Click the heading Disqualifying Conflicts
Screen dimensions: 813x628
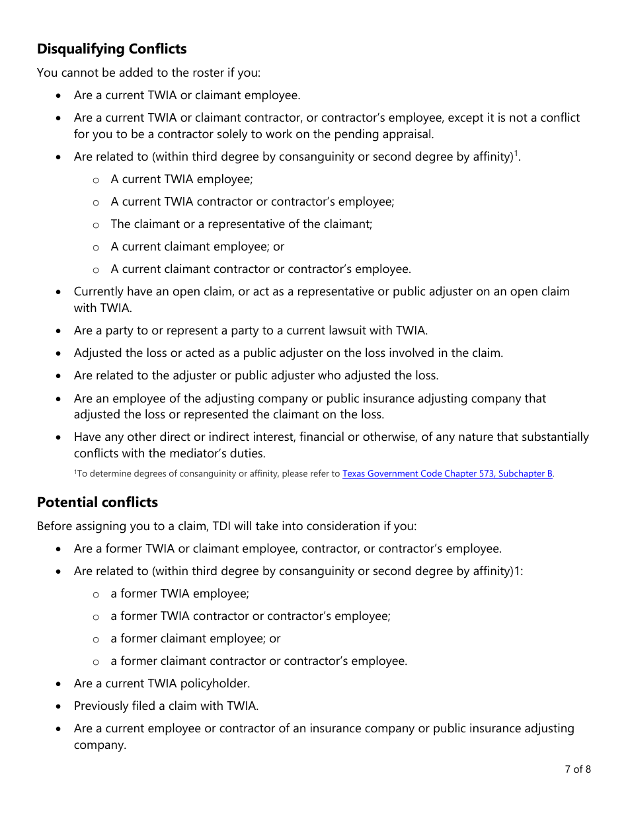click(x=112, y=49)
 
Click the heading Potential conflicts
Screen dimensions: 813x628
click(x=97, y=502)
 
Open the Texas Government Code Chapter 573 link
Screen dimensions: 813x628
click(x=447, y=474)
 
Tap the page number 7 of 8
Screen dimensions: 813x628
click(x=577, y=769)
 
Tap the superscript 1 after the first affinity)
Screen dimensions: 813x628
click(x=517, y=154)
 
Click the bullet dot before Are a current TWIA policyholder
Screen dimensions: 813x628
click(x=59, y=684)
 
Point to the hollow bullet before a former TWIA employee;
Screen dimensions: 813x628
click(x=96, y=594)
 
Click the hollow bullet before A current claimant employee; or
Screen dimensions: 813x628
click(x=96, y=247)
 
